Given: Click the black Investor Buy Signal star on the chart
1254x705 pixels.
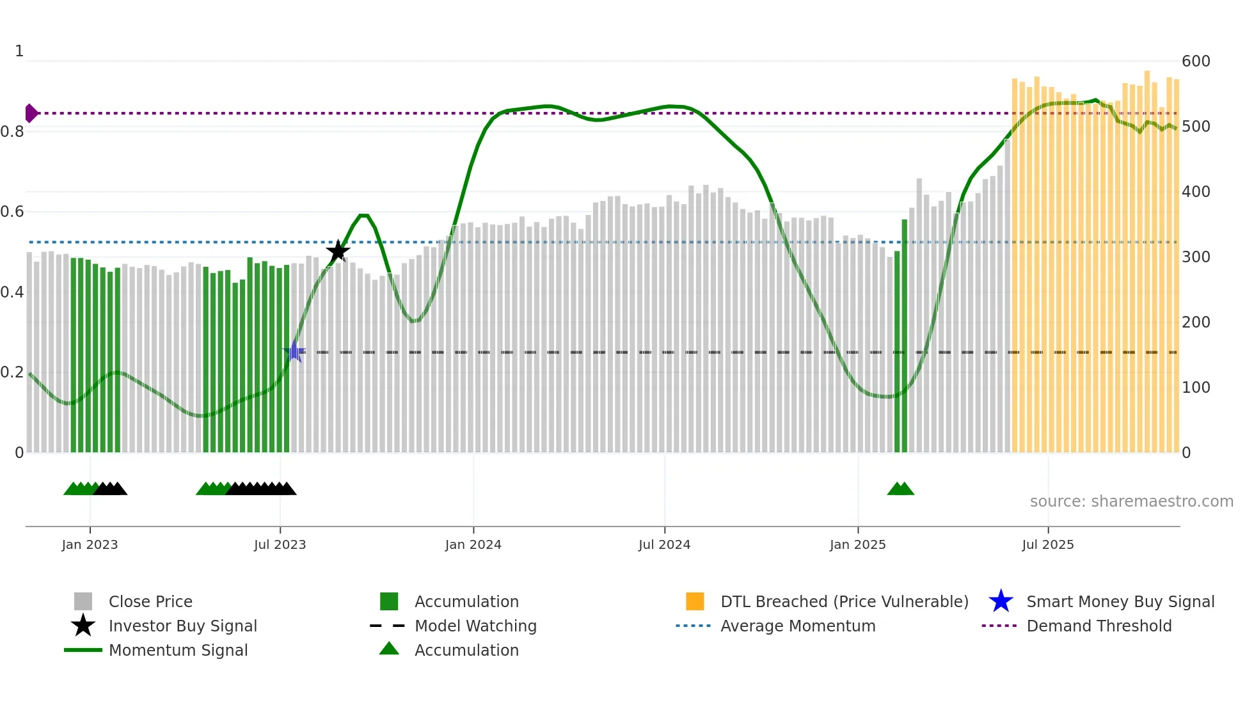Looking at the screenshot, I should point(338,251).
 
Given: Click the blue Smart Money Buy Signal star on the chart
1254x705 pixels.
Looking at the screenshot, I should point(294,351).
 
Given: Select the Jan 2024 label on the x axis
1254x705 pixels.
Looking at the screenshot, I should point(473,544).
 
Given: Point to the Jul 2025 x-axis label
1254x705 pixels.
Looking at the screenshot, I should point(1047,544).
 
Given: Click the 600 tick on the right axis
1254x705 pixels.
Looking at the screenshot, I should point(1195,61).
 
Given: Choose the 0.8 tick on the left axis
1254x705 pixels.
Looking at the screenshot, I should point(12,132).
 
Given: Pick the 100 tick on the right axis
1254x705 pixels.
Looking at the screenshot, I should point(1195,388).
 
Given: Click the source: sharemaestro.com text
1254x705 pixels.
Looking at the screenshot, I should point(1131,502).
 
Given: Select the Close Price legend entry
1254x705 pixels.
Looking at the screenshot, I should point(150,601).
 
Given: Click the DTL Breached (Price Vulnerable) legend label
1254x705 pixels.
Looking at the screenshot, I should point(844,601).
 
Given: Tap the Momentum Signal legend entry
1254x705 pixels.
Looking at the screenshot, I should point(178,650).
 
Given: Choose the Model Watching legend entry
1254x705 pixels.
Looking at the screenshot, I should point(475,626).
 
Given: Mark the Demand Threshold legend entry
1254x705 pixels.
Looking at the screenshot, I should point(1099,626).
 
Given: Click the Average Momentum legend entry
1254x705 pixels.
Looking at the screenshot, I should point(798,626).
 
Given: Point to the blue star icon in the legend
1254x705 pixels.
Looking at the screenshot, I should point(1001,601).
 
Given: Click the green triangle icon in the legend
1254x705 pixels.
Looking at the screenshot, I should point(389,649).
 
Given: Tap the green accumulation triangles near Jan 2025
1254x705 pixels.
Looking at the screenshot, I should point(900,489).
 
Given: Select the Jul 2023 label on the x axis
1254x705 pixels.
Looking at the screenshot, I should point(280,544).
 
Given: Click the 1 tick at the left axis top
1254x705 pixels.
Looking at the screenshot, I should point(19,51).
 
